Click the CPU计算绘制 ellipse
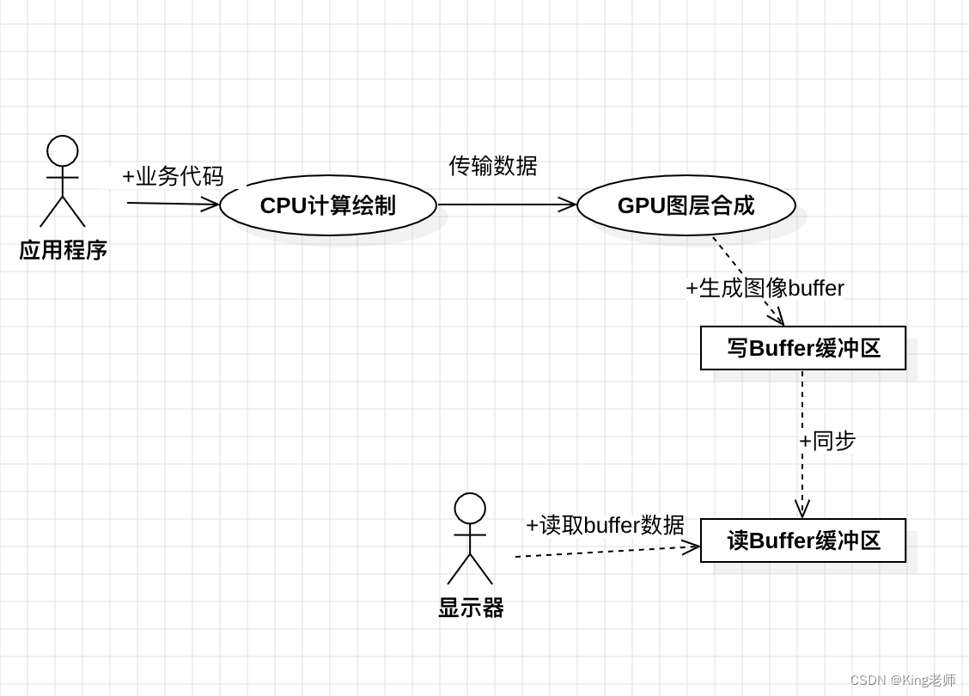pyautogui.click(x=327, y=205)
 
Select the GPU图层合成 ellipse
pyautogui.click(x=686, y=205)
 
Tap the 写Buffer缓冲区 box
pyautogui.click(x=803, y=348)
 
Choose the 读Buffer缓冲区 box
pyautogui.click(x=803, y=540)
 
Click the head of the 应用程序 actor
pyautogui.click(x=63, y=151)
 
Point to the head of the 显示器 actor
pyautogui.click(x=470, y=509)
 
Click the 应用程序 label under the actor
pyautogui.click(x=63, y=250)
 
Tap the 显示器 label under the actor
pyautogui.click(x=471, y=608)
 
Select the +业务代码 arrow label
pyautogui.click(x=173, y=176)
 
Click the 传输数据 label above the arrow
pyautogui.click(x=493, y=166)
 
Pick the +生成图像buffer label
pyautogui.click(x=765, y=288)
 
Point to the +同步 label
pyautogui.click(x=827, y=441)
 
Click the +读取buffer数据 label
pyautogui.click(x=605, y=524)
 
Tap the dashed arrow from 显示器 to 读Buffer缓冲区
pyautogui.click(x=601, y=552)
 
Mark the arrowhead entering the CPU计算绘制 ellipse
pyautogui.click(x=211, y=205)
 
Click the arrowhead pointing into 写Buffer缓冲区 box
pyautogui.click(x=777, y=317)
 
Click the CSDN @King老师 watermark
pyautogui.click(x=902, y=680)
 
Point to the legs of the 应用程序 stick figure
pyautogui.click(x=63, y=212)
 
